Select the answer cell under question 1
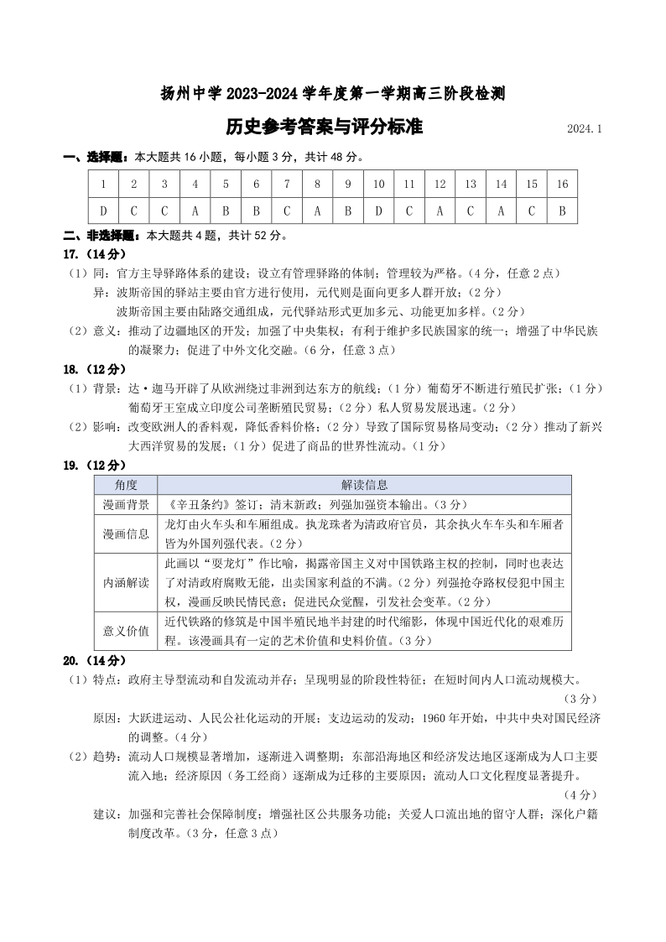click(x=103, y=210)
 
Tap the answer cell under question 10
click(x=378, y=210)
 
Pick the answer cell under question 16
click(x=562, y=210)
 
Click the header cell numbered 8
click(x=317, y=184)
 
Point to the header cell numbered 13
click(x=471, y=184)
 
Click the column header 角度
click(x=126, y=485)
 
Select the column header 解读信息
click(x=364, y=485)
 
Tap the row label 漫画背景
click(x=126, y=504)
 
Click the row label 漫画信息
click(x=126, y=533)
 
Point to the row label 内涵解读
click(x=126, y=582)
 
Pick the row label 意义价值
click(x=126, y=631)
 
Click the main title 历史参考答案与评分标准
click(x=324, y=127)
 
